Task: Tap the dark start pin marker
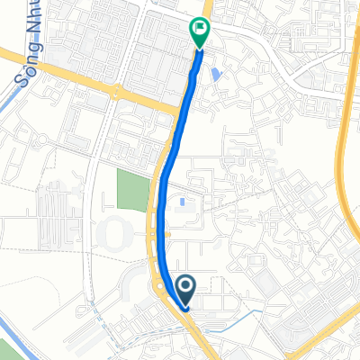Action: tap(185, 288)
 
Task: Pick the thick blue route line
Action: tap(170, 162)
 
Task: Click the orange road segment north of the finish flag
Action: tap(207, 9)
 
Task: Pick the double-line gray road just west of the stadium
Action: tap(91, 243)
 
